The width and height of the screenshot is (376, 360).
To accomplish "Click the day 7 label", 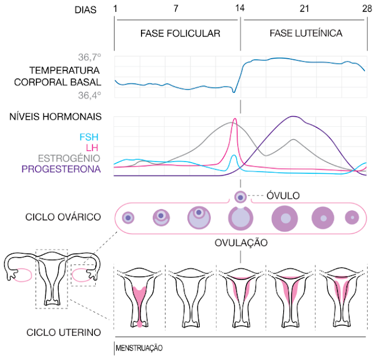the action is (x=176, y=9).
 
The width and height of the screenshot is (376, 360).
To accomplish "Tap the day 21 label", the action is (x=304, y=9).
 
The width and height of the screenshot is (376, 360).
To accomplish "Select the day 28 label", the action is (x=367, y=9).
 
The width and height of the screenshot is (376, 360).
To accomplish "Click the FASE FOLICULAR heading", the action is (x=180, y=33).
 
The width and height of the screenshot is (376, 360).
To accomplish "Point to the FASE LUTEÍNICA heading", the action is (x=306, y=33).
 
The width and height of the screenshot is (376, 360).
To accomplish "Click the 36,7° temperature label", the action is (x=89, y=58).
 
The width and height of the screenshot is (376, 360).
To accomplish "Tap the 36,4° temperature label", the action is (x=89, y=95).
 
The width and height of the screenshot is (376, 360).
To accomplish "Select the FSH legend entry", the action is (x=89, y=137).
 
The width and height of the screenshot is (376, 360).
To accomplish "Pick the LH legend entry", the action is (x=92, y=147).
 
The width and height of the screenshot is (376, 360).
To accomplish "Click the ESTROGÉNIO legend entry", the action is (x=69, y=158).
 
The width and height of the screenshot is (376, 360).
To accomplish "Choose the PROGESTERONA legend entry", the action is (x=61, y=169).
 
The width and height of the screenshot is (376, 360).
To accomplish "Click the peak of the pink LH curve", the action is (x=235, y=119).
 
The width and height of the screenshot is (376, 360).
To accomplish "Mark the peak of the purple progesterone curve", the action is (x=293, y=116).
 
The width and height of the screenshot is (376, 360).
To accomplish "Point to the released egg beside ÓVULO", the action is (x=240, y=197).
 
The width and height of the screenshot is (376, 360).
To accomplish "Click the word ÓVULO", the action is (x=283, y=196).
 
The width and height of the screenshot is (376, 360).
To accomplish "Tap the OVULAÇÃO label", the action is (x=241, y=243).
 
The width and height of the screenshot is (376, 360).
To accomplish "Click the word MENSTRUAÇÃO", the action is (x=139, y=348).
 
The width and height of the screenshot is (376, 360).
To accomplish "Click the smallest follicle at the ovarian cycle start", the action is (x=128, y=218).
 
